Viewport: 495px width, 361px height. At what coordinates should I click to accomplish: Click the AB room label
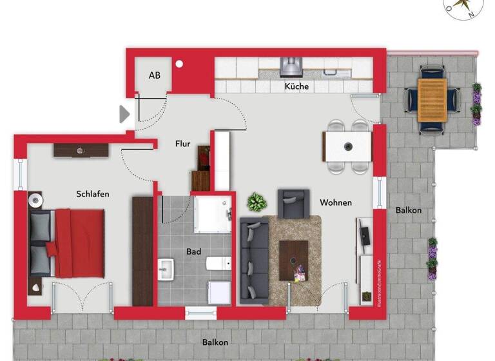coord(155,75)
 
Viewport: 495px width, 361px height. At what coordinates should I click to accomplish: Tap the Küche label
coord(296,86)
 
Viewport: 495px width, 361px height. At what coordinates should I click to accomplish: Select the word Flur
coord(183,144)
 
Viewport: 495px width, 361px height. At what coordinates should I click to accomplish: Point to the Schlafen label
coord(93,193)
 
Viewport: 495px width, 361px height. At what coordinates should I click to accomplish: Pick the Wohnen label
coord(336,202)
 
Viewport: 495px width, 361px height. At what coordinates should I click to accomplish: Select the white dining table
coord(348,146)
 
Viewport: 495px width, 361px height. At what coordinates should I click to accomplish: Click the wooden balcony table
coord(431,99)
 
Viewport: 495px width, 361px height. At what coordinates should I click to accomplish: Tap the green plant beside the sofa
coord(257,202)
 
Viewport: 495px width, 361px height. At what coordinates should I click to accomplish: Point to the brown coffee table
coord(293,260)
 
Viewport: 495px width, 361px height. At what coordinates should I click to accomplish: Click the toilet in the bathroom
coord(218,263)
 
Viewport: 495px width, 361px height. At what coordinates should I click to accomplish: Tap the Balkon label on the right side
coord(408,210)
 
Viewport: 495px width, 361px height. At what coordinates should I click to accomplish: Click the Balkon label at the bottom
coord(215,342)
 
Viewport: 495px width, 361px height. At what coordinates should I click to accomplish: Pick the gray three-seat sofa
coord(254,260)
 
